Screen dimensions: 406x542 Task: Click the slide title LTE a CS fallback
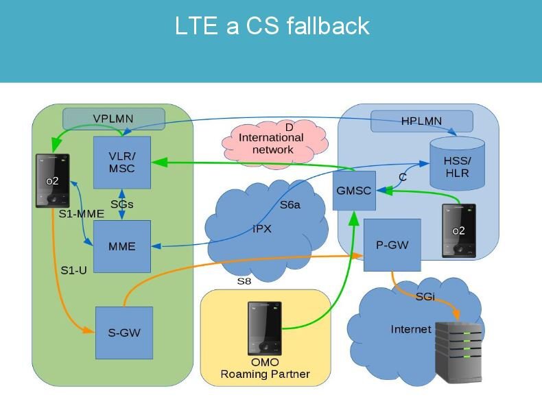272,26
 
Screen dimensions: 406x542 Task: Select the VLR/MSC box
121,163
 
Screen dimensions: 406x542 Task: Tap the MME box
121,246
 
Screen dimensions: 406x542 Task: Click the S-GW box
123,333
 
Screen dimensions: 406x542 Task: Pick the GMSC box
354,191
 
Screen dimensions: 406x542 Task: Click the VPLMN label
113,119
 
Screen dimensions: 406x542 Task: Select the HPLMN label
422,121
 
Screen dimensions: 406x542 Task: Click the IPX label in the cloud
262,229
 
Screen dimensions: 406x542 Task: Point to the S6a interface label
290,205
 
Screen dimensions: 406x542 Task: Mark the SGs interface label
121,204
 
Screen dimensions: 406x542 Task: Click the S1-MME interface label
81,214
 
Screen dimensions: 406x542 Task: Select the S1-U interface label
74,270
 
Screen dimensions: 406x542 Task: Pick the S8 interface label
245,281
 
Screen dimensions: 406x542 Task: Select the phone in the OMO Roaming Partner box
265,328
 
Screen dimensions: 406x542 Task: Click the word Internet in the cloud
411,329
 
